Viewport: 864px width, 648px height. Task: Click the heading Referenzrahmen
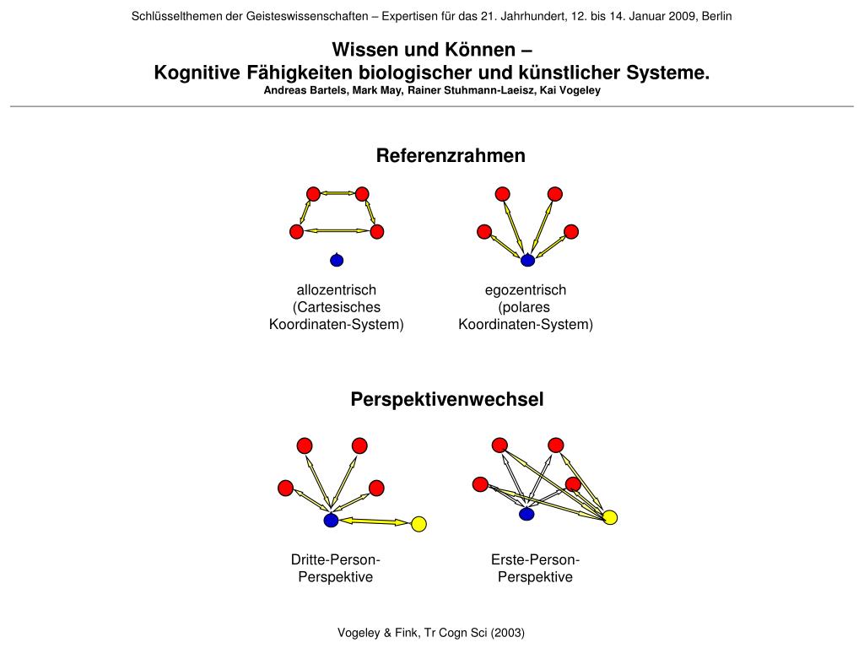click(451, 155)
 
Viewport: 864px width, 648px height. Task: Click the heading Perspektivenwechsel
click(447, 399)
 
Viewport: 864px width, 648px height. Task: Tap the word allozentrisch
click(336, 290)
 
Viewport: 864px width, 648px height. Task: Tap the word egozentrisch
click(526, 290)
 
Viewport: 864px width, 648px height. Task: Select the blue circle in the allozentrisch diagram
click(337, 260)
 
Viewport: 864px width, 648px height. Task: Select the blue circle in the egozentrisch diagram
click(527, 260)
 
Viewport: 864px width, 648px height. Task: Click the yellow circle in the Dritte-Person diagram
click(418, 524)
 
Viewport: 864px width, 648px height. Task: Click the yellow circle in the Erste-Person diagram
click(610, 517)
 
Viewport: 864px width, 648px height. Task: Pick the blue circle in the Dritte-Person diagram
click(331, 521)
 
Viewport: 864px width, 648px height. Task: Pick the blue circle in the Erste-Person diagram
click(526, 514)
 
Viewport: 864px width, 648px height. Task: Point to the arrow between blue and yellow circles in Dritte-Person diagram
click(374, 522)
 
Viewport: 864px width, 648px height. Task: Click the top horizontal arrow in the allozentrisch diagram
click(337, 194)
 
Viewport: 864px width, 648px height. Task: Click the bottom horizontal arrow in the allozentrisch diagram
click(337, 231)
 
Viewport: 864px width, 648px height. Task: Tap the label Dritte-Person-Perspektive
click(336, 569)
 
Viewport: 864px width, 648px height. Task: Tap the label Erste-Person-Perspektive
click(535, 569)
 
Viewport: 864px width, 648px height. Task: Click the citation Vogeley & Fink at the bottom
click(431, 632)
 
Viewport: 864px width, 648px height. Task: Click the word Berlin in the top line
click(715, 16)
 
